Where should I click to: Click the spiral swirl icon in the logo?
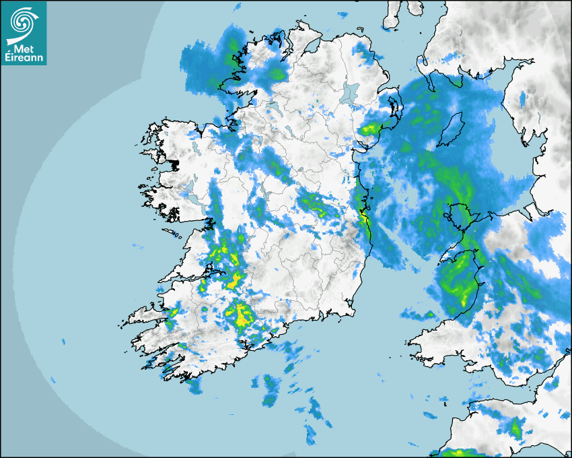click(x=23, y=21)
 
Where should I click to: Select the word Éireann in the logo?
click(x=24, y=58)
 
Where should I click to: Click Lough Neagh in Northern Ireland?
click(x=350, y=92)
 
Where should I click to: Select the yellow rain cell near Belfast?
click(x=369, y=129)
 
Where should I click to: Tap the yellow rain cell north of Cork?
click(x=240, y=313)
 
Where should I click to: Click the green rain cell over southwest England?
click(x=517, y=426)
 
